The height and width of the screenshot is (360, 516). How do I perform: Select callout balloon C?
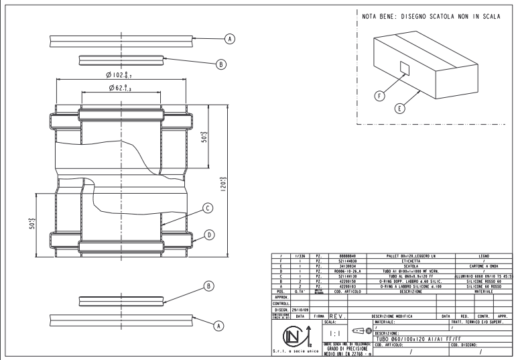pos(208,208)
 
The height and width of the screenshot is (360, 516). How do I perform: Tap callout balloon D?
pos(209,235)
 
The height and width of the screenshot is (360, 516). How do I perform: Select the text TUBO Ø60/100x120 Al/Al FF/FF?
pos(422,340)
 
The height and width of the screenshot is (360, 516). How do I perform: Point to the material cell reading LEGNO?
pos(483,255)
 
